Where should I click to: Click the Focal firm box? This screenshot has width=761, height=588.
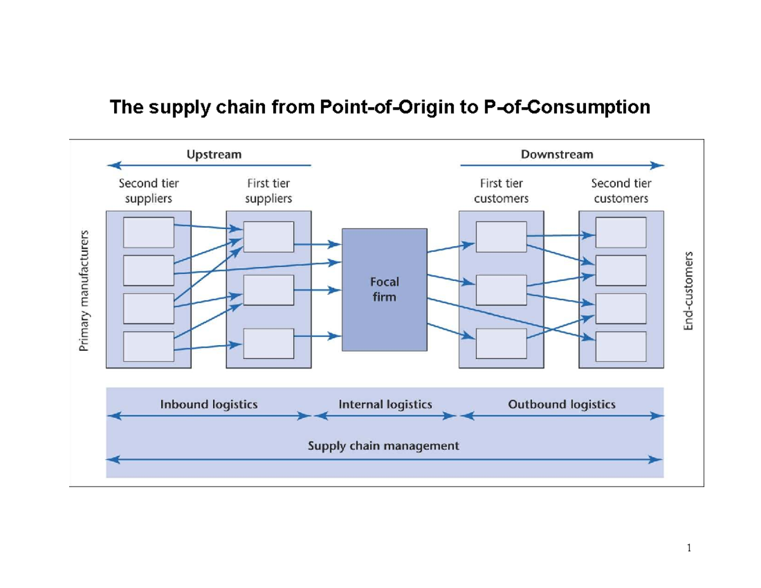(x=384, y=289)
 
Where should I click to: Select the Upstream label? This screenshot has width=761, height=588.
(x=213, y=154)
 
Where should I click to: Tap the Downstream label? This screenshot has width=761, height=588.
(x=557, y=154)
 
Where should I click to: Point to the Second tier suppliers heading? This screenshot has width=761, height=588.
(x=149, y=190)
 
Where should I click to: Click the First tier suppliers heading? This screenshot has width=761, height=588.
(x=268, y=190)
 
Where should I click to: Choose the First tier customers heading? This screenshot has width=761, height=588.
(x=501, y=190)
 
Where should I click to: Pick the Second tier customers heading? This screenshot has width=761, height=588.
(x=621, y=190)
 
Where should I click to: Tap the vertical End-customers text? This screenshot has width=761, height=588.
(x=689, y=289)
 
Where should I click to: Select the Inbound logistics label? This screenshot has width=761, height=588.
(x=209, y=404)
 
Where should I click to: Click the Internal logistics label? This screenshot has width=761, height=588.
(x=385, y=404)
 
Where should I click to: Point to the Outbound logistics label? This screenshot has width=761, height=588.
(x=561, y=404)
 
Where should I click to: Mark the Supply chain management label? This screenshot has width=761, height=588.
(x=383, y=445)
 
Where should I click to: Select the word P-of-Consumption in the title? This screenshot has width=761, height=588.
(x=566, y=107)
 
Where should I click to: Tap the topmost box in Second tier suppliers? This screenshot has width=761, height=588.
(x=148, y=232)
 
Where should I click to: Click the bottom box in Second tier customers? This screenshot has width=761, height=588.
(x=621, y=346)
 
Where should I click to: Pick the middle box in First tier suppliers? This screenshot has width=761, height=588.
(x=268, y=291)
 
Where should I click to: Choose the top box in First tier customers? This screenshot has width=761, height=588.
(x=501, y=237)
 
